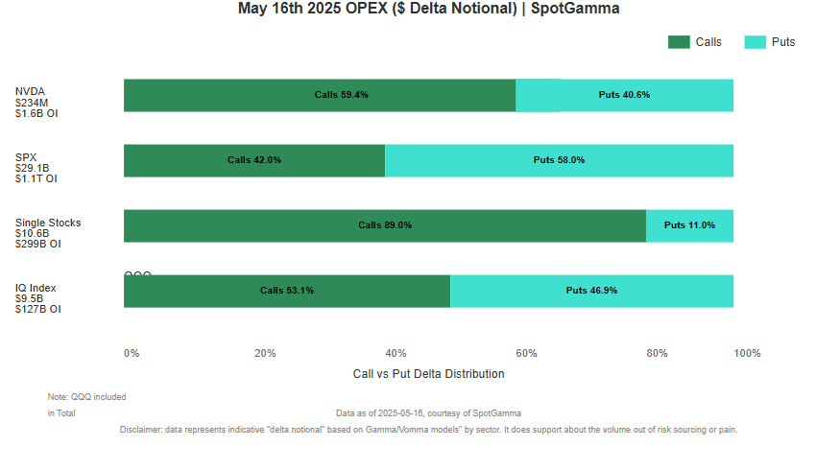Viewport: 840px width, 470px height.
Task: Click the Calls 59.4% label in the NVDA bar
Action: tap(342, 95)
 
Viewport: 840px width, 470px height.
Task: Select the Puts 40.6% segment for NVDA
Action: tap(624, 95)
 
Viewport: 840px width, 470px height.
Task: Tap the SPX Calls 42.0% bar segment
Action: tap(254, 160)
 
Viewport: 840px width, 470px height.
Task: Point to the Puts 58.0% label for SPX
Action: tap(559, 160)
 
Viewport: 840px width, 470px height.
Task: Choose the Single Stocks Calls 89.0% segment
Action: tap(385, 225)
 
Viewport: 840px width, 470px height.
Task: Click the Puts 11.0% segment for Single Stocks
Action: tap(689, 225)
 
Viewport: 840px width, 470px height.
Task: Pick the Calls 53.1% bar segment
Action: tap(287, 291)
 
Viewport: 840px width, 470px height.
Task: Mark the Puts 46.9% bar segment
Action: tap(591, 291)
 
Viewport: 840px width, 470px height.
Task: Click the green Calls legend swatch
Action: tap(679, 42)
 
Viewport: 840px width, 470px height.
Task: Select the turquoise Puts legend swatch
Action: tap(756, 42)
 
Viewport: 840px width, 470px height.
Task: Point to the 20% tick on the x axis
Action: tap(265, 353)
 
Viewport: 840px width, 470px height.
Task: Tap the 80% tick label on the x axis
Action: tap(657, 353)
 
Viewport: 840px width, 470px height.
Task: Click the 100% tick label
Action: tap(747, 353)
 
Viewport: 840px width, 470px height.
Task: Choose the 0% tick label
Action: tap(132, 353)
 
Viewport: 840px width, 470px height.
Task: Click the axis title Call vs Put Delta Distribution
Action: tap(428, 374)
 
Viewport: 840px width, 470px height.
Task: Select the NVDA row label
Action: tap(30, 92)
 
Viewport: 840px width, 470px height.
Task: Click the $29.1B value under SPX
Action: tap(32, 168)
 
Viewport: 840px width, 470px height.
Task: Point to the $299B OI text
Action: tap(38, 244)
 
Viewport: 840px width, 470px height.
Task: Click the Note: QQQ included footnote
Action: tap(86, 396)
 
